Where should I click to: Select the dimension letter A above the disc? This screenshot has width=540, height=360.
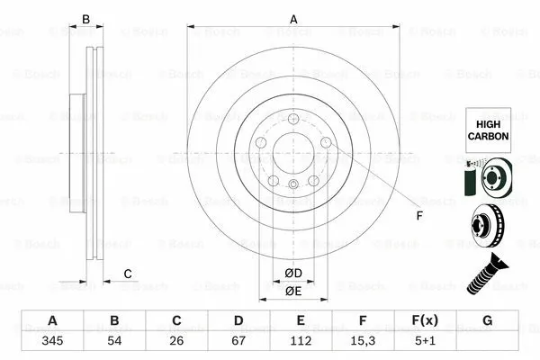click(x=293, y=17)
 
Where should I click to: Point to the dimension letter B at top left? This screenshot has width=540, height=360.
click(x=86, y=19)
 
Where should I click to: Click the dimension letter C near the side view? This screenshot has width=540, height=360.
click(x=128, y=274)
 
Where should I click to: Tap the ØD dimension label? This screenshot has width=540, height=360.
click(x=293, y=273)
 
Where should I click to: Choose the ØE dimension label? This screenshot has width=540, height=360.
click(x=293, y=291)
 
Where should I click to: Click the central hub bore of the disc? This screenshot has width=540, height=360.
click(x=293, y=149)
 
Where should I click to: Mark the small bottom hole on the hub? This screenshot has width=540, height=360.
click(x=293, y=185)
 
